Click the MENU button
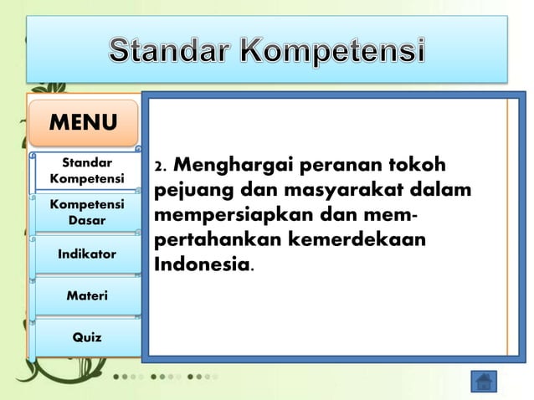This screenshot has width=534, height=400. (83, 123)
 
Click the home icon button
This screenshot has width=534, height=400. (483, 381)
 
